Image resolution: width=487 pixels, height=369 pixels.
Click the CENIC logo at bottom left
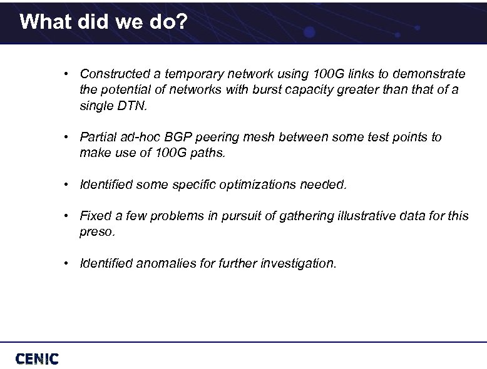[37, 358]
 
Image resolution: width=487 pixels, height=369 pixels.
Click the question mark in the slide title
[182, 22]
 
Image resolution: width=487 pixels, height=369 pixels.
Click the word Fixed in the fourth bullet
[95, 216]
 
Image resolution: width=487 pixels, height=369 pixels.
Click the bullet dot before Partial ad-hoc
[66, 137]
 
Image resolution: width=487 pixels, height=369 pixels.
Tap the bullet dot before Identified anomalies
[66, 263]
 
